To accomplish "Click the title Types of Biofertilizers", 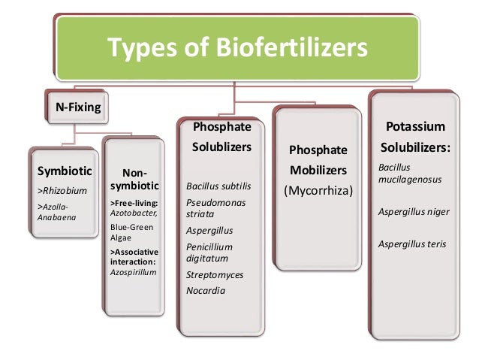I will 239,49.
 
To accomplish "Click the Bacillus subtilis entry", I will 217,186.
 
